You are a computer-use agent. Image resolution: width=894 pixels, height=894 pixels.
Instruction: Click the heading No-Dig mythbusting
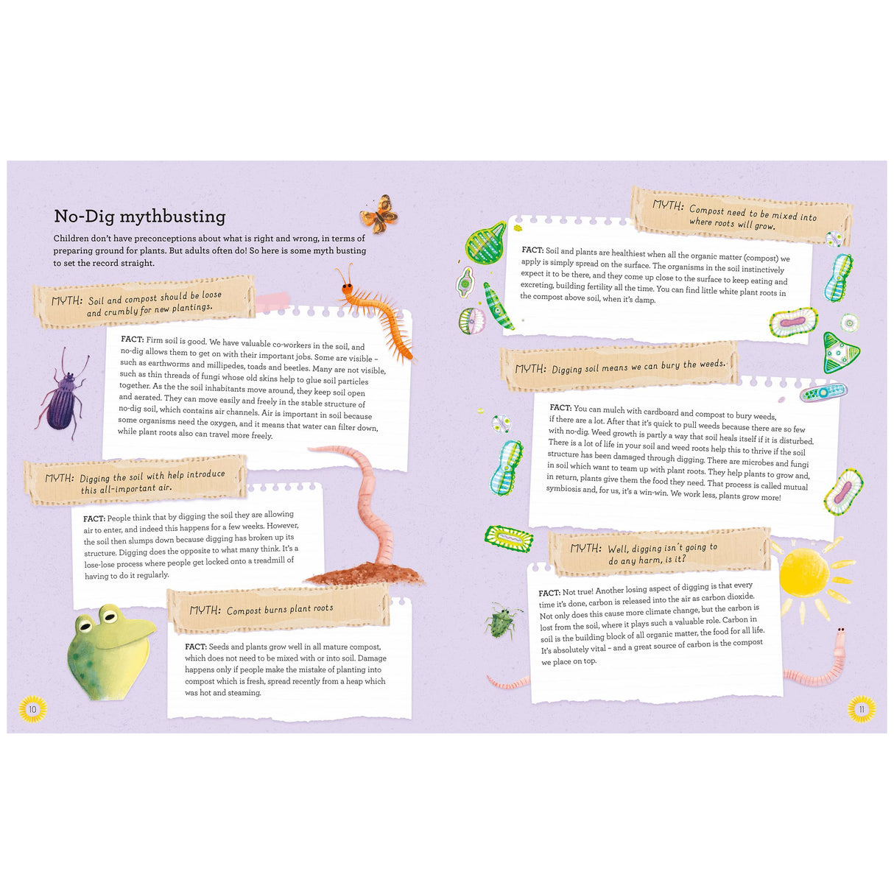pyautogui.click(x=140, y=217)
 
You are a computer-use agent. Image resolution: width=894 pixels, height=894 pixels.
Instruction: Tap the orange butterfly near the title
pyautogui.click(x=379, y=214)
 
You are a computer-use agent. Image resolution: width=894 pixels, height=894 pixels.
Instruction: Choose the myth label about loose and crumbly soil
pyautogui.click(x=144, y=302)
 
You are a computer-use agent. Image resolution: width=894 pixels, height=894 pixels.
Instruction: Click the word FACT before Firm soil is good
pyautogui.click(x=132, y=339)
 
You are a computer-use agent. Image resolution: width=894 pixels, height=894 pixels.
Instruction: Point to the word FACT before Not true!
pyautogui.click(x=549, y=593)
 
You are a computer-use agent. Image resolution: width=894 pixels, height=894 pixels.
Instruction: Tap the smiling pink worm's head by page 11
pyautogui.click(x=840, y=635)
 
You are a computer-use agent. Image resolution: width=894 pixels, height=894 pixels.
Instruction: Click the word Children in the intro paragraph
pyautogui.click(x=73, y=239)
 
